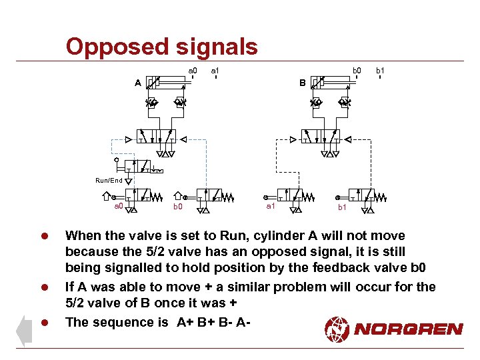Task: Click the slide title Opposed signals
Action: coord(161,47)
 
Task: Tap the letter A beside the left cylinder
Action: coord(137,83)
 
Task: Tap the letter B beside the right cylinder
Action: coord(302,83)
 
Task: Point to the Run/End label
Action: coord(109,181)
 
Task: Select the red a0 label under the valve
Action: coord(118,207)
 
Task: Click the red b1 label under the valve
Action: coord(341,208)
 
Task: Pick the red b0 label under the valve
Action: coord(177,207)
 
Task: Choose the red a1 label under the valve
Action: coord(271,207)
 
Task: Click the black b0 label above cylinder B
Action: coord(357,70)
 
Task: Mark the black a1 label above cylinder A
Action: coord(215,70)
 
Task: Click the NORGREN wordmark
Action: coord(409,329)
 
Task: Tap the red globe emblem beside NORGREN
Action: coord(337,328)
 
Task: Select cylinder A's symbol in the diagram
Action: coord(167,83)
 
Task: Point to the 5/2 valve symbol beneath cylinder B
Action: coord(319,135)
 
